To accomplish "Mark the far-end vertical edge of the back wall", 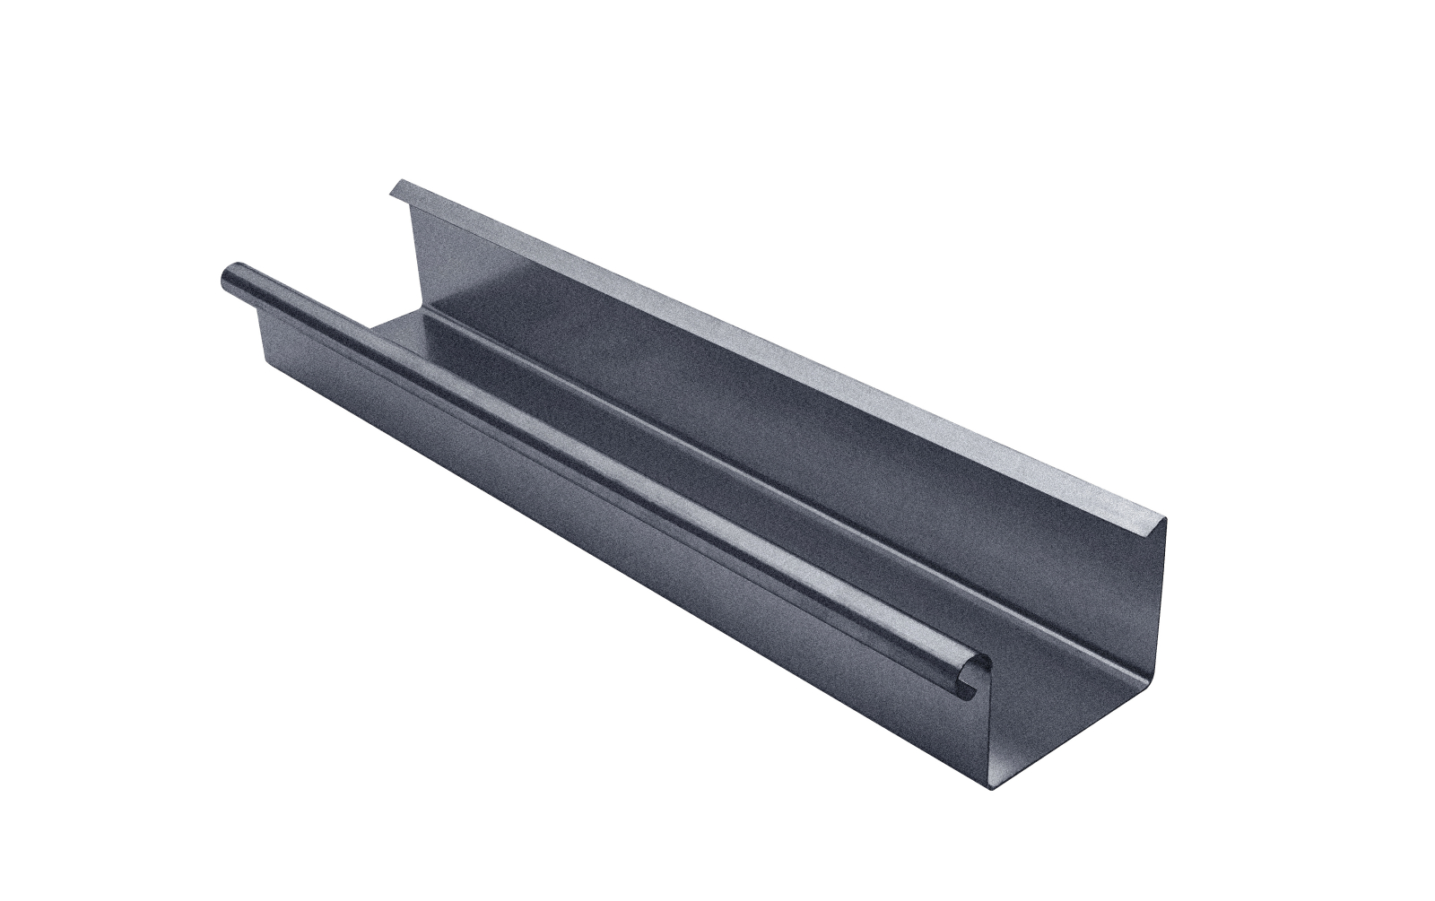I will tap(411, 260).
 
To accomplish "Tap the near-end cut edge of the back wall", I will tap(1157, 628).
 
